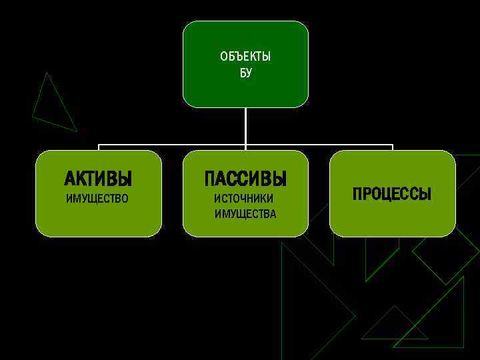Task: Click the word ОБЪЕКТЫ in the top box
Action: (245, 57)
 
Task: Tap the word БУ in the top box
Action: (246, 73)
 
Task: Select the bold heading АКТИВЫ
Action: (98, 179)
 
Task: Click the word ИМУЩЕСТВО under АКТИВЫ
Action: (97, 199)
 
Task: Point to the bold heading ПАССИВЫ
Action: (245, 179)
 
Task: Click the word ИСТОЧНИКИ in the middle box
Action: (243, 199)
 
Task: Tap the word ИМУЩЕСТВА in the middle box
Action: (245, 214)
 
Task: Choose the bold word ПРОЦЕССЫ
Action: (392, 194)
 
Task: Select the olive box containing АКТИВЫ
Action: (98, 220)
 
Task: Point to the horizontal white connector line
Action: (173, 145)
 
